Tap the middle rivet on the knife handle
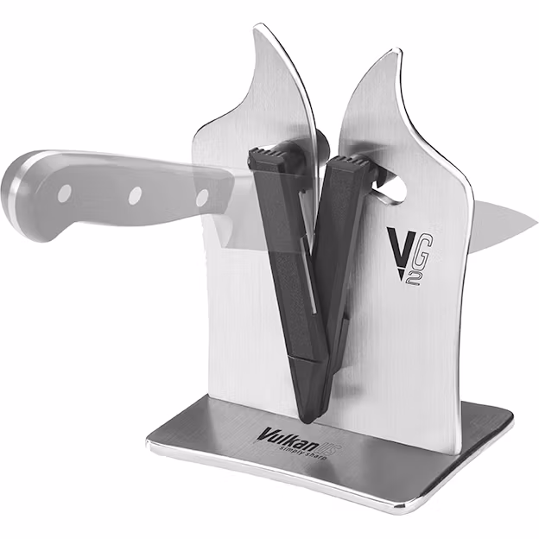[x=136, y=196]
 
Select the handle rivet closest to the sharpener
[x=201, y=199]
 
